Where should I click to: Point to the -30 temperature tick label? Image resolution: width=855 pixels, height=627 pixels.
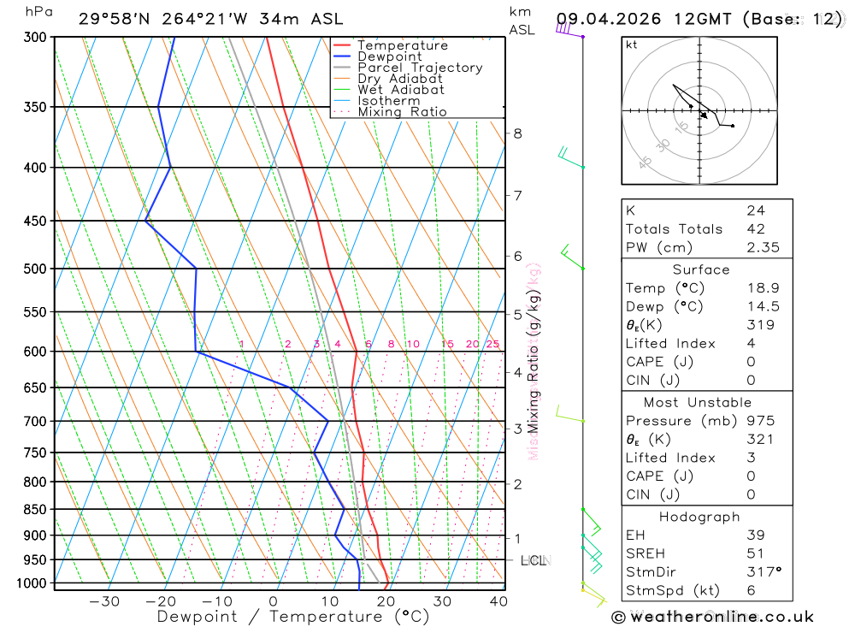click(104, 601)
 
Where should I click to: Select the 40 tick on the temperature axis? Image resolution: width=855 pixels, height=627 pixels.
click(498, 601)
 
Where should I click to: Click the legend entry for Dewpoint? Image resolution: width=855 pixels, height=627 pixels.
click(389, 57)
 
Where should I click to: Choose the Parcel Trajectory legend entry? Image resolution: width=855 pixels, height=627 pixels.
click(420, 68)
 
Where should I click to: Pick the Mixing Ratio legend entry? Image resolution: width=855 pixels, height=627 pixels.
click(402, 112)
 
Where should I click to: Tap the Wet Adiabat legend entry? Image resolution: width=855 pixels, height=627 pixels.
click(401, 90)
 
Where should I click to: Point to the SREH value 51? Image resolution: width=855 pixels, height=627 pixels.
click(755, 553)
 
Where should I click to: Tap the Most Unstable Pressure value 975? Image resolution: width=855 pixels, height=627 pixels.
click(760, 421)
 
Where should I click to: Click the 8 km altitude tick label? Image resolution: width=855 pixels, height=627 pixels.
click(517, 133)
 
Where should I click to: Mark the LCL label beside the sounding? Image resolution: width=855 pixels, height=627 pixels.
click(533, 561)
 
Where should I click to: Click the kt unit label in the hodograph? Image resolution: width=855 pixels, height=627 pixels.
click(632, 45)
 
